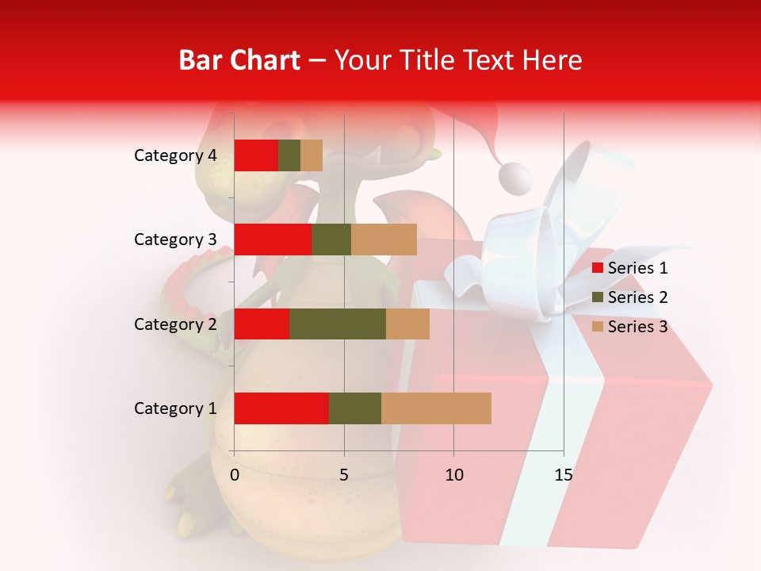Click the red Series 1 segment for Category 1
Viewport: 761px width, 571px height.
coord(281,408)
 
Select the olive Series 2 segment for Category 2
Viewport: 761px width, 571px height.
coord(338,324)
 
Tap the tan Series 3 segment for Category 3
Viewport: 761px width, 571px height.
coord(384,240)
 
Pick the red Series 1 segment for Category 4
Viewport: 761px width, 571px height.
coord(256,155)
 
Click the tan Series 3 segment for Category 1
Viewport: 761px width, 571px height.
coord(436,408)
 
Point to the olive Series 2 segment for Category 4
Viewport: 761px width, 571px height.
coord(289,155)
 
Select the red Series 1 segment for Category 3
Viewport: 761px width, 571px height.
coord(273,240)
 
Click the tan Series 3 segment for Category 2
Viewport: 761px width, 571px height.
coord(407,324)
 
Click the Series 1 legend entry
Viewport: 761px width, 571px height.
coord(629,268)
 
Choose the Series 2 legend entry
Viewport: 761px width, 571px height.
coord(629,297)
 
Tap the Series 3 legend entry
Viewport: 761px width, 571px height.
coord(629,327)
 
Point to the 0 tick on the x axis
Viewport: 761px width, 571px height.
coord(235,475)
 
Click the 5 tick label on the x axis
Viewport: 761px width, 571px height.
coord(344,475)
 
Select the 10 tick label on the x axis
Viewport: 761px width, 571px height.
coord(453,475)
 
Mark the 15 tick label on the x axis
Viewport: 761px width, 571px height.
coord(563,475)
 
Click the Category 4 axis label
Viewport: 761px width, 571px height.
coord(175,155)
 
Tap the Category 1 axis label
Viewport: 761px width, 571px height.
coord(175,408)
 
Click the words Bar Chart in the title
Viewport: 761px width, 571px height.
coord(239,59)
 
